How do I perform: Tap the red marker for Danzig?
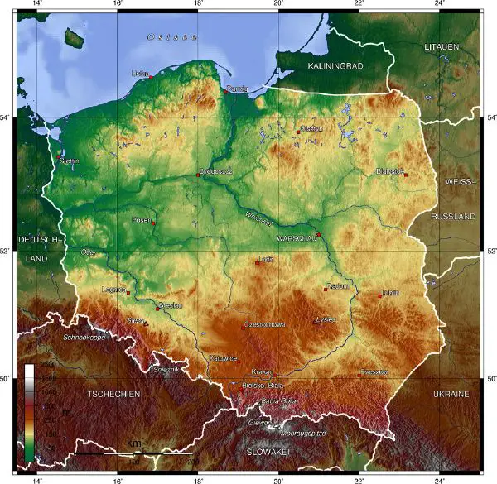pyautogui.click(x=225, y=92)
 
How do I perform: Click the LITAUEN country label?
pyautogui.click(x=442, y=47)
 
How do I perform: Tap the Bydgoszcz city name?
pyautogui.click(x=215, y=171)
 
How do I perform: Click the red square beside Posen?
pyautogui.click(x=153, y=223)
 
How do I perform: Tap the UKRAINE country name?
pyautogui.click(x=451, y=394)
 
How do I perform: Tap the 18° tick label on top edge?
pyautogui.click(x=197, y=4)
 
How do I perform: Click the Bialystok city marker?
pyautogui.click(x=405, y=174)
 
